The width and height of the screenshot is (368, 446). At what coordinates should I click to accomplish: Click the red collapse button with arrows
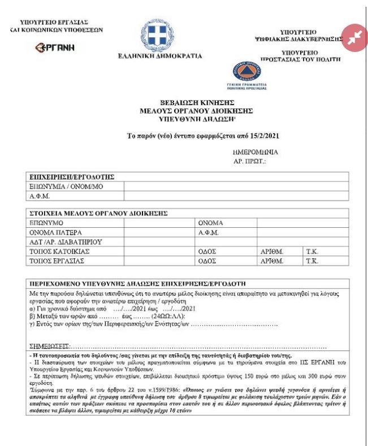pos(354,38)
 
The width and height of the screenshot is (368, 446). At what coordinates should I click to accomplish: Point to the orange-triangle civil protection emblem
pos(247,72)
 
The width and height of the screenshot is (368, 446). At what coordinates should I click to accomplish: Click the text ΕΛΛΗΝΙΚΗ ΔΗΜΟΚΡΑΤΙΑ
pos(159,57)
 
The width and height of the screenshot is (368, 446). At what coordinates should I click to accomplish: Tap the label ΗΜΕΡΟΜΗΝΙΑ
pos(255,153)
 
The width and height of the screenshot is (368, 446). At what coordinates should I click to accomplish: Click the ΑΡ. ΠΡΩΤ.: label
pos(249,162)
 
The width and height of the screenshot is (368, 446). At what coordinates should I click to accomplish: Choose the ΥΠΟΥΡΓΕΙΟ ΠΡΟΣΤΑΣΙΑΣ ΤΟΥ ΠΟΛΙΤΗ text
pos(300,55)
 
